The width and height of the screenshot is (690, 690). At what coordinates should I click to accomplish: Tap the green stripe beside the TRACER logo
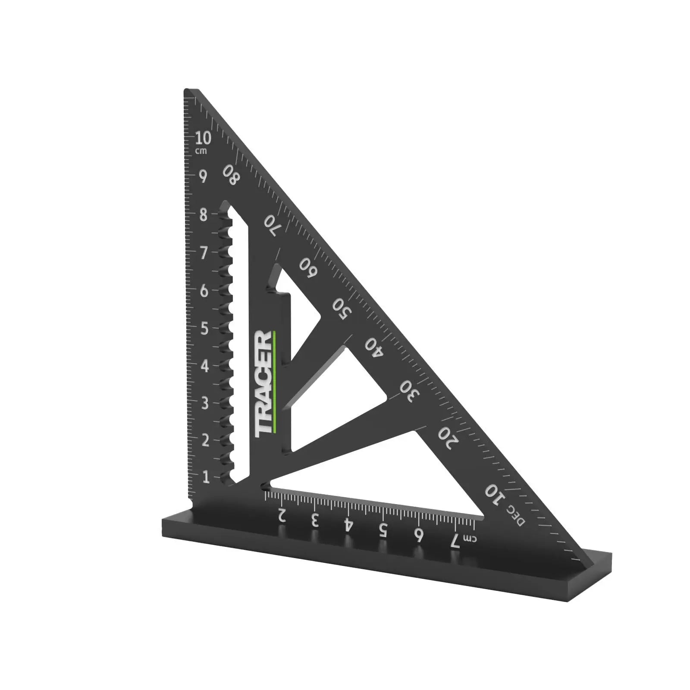(274, 382)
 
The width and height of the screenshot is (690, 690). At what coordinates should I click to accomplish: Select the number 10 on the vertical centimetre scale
(203, 139)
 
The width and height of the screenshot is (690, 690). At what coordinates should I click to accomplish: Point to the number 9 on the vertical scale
(203, 176)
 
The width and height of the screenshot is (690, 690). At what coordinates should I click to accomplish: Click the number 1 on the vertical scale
(205, 477)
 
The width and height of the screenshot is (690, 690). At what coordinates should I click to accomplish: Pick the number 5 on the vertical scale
(204, 329)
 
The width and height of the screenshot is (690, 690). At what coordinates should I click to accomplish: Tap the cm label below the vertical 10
(201, 151)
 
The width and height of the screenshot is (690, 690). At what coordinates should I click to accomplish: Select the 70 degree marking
(271, 224)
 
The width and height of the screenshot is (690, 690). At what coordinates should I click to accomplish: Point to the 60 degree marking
(308, 268)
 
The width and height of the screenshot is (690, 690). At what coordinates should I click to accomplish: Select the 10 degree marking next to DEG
(494, 494)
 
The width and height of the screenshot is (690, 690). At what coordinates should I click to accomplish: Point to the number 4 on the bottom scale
(348, 525)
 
